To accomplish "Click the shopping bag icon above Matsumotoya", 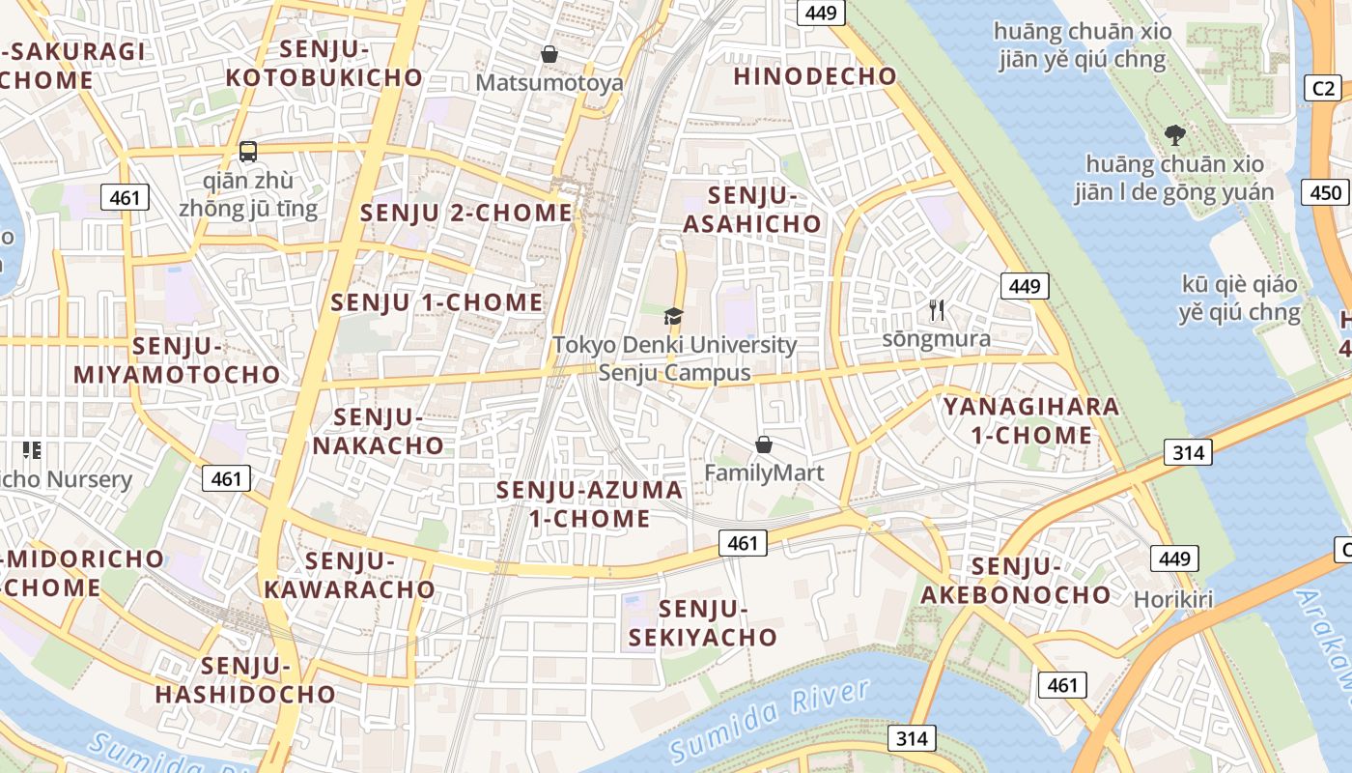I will tap(549, 54).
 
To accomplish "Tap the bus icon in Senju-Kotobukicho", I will tap(248, 152).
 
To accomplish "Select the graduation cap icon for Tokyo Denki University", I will tap(673, 316).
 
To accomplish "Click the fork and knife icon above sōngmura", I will tap(936, 310).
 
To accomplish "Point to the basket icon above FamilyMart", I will tap(764, 444).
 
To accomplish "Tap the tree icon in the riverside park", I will tap(1174, 134).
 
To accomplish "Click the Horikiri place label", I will tap(1172, 599).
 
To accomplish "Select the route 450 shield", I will tap(1326, 192).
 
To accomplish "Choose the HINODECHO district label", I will tap(815, 76).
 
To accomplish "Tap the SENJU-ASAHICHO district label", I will tap(752, 210).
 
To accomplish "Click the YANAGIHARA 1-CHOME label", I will tap(1031, 420).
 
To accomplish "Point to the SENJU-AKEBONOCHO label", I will tap(1015, 581).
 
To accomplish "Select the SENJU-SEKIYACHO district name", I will tap(703, 623).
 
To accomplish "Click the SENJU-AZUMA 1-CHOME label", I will tap(589, 504).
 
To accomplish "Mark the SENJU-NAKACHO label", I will tap(378, 432).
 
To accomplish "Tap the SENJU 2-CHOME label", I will tap(466, 213).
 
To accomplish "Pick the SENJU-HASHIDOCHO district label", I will tap(245, 680).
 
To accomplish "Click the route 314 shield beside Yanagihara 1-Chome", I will tap(1187, 451).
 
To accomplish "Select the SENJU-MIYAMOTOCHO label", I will tap(178, 360).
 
